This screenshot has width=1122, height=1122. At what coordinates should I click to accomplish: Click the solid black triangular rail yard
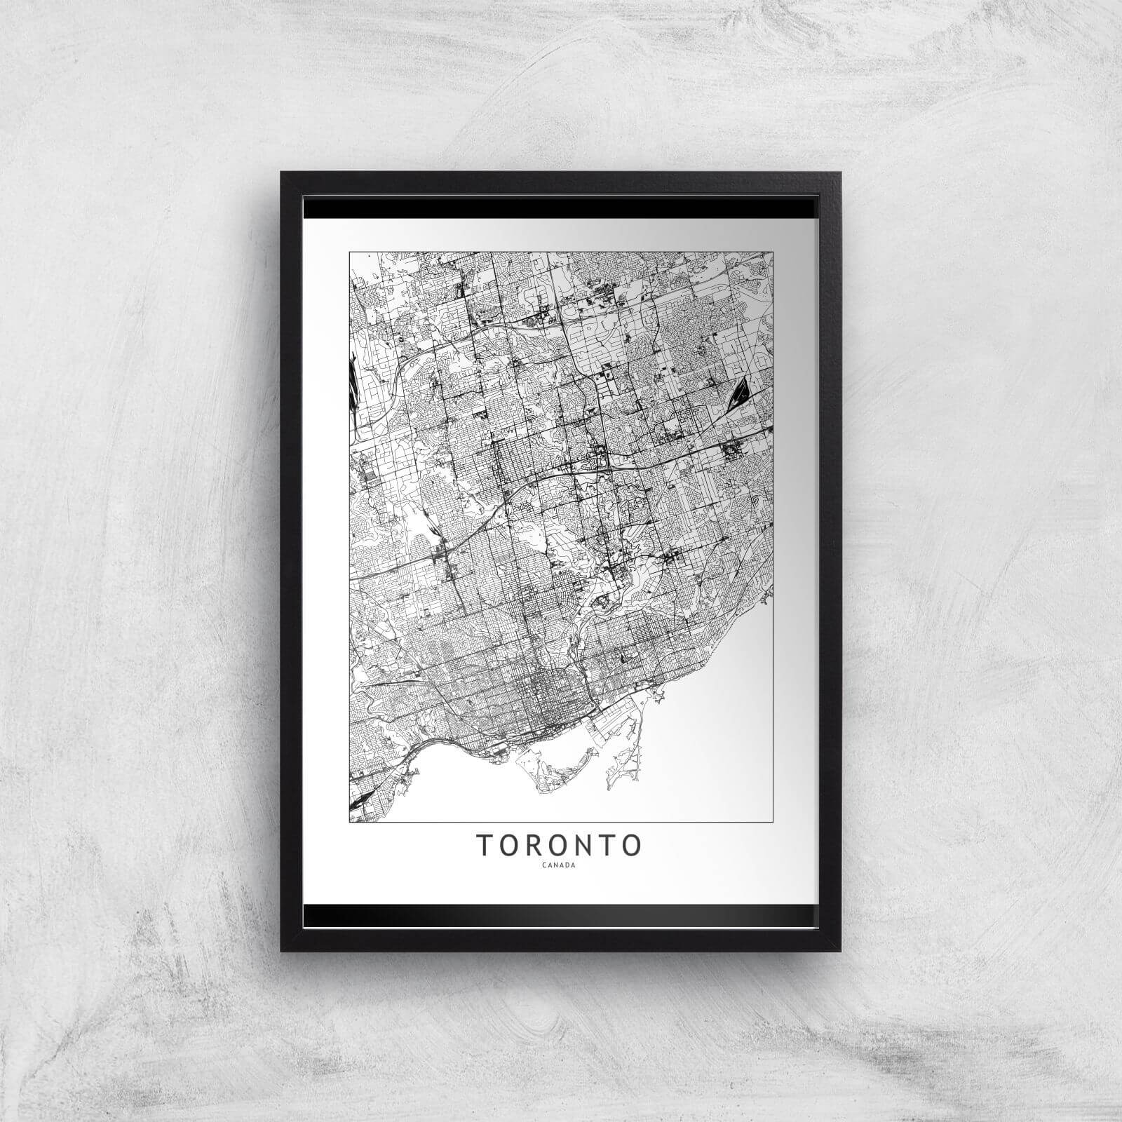(x=738, y=391)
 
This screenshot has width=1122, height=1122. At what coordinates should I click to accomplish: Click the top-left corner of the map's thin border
(x=349, y=251)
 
